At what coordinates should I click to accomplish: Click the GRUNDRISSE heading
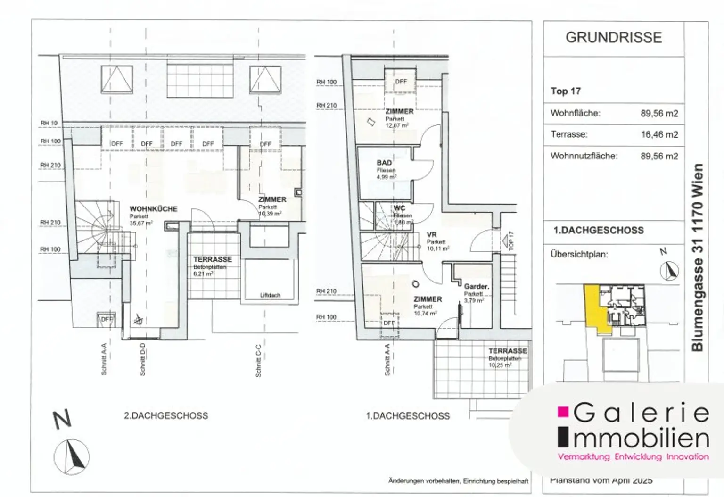(x=613, y=38)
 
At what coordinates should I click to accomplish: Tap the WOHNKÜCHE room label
(x=153, y=209)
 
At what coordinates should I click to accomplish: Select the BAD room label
(x=384, y=163)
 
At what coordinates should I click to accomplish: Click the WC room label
(x=399, y=208)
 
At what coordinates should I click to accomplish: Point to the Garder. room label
(x=476, y=286)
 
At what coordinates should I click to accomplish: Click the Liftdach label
(x=270, y=295)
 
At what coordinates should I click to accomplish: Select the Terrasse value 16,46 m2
(x=659, y=134)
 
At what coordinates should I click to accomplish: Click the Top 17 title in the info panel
(x=565, y=91)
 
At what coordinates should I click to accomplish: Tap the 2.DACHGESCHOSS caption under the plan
(x=165, y=415)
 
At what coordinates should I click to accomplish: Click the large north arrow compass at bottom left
(x=72, y=456)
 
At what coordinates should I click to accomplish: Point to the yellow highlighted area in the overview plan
(x=594, y=309)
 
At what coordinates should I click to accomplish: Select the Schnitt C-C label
(x=258, y=361)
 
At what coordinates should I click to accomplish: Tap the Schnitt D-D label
(x=142, y=359)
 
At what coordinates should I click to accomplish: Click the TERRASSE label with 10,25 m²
(x=507, y=351)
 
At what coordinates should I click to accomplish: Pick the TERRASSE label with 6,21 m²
(x=212, y=259)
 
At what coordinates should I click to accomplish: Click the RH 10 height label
(x=49, y=123)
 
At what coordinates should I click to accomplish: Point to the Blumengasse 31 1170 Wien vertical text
(x=697, y=257)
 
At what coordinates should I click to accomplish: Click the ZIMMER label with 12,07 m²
(x=399, y=112)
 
